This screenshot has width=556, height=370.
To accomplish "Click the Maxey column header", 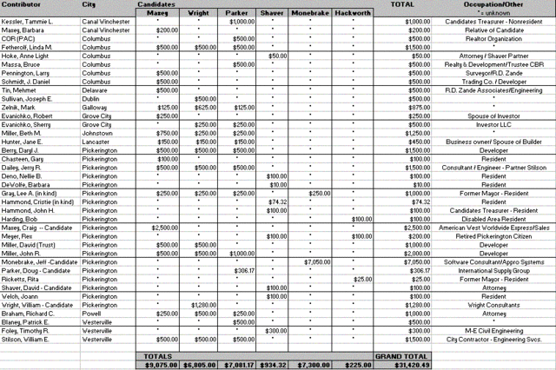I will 156,13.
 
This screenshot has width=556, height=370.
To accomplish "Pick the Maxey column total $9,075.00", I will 156,365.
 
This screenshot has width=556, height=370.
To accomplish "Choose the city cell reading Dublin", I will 92,99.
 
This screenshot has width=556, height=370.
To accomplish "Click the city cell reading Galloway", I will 96,108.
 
